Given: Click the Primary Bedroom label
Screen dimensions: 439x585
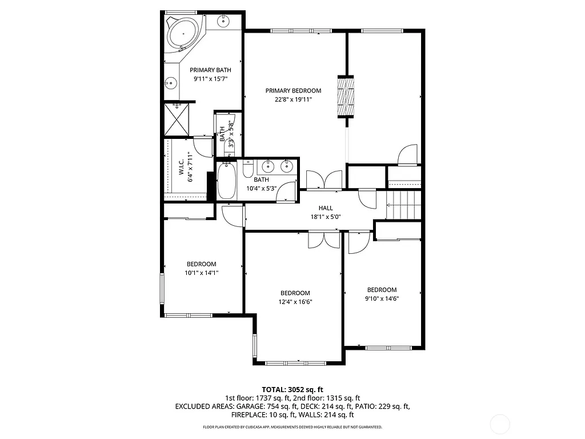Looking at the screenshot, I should pos(293,90).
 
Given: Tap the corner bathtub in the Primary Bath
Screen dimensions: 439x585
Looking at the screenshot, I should pos(182,34).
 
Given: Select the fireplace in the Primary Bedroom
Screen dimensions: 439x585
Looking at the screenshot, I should pos(346,96).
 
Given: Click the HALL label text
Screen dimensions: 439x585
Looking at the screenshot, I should pos(326,208).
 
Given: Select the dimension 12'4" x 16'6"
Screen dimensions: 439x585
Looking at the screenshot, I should pos(295,302).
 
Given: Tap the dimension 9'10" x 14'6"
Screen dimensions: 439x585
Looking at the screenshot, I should pos(382,298).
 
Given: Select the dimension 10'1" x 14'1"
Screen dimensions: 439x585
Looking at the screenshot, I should pos(202,273).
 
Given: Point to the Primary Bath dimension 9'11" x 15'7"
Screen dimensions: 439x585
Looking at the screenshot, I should pos(211,79).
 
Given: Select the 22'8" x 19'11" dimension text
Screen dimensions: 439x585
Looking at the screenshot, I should pos(293,99).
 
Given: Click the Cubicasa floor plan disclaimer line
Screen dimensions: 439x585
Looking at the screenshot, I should pos(292,427).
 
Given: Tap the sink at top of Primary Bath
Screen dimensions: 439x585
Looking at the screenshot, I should pos(223,21).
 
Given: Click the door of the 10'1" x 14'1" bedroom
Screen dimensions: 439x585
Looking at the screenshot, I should pos(232,215).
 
